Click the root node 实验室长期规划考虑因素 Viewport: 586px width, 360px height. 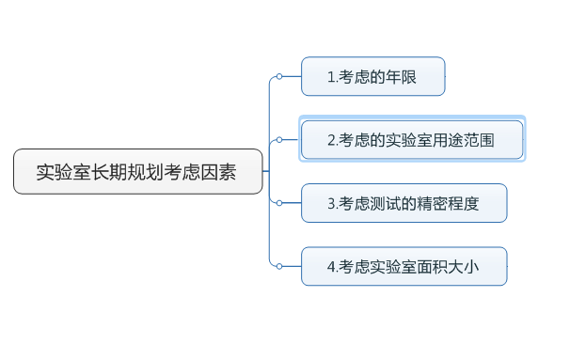pos(137,172)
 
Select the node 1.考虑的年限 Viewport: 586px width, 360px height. pos(372,77)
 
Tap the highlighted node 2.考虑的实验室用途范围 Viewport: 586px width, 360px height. pos(411,140)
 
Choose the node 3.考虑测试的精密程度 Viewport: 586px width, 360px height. pos(404,203)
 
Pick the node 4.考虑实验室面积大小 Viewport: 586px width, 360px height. pos(404,266)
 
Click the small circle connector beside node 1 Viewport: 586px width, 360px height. pos(279,77)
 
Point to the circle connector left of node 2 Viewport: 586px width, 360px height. pos(279,140)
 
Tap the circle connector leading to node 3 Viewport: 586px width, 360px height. pos(279,203)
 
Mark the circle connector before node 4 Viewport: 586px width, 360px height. pos(279,266)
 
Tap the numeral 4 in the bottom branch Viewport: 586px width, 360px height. pos(331,267)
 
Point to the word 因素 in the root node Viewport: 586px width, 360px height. pos(218,173)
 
